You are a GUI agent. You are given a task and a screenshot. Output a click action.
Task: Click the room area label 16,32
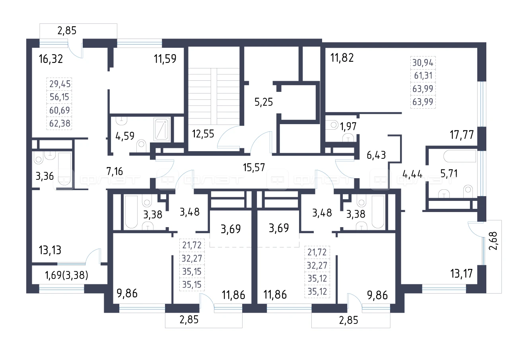pyautogui.click(x=51, y=59)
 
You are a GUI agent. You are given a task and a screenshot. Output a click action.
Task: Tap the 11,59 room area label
pyautogui.click(x=165, y=58)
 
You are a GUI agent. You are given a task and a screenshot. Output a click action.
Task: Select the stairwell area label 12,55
pyautogui.click(x=203, y=134)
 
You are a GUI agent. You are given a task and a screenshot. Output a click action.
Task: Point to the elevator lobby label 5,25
pyautogui.click(x=264, y=102)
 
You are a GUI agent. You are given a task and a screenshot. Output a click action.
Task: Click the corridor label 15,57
pyautogui.click(x=254, y=167)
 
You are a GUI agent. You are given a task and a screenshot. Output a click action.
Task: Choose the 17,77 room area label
pyautogui.click(x=462, y=134)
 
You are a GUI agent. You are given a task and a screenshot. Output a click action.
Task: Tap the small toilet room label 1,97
pyautogui.click(x=348, y=126)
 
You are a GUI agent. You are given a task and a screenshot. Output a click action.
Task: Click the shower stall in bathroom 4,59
pyautogui.click(x=161, y=129)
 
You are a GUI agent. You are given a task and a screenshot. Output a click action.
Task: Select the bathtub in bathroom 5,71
pyautogui.click(x=459, y=156)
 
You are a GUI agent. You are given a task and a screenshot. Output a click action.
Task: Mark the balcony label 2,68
pyautogui.click(x=493, y=241)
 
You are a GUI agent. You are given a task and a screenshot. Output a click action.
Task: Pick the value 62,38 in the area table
pyautogui.click(x=60, y=123)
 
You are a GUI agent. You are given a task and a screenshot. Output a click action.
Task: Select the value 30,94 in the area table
pyautogui.click(x=423, y=62)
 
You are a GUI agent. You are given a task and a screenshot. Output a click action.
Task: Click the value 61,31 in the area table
pyautogui.click(x=423, y=76)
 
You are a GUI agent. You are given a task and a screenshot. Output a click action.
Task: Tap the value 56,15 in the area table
pyautogui.click(x=59, y=97)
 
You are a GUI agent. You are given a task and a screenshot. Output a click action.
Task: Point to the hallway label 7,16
pyautogui.click(x=115, y=171)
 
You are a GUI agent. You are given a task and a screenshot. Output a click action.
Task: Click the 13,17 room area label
pyautogui.click(x=462, y=273)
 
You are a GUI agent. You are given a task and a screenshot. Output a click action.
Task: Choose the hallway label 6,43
pyautogui.click(x=376, y=155)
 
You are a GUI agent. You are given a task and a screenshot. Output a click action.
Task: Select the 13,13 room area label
pyautogui.click(x=50, y=250)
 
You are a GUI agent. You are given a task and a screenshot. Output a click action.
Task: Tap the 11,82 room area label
pyautogui.click(x=342, y=58)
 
